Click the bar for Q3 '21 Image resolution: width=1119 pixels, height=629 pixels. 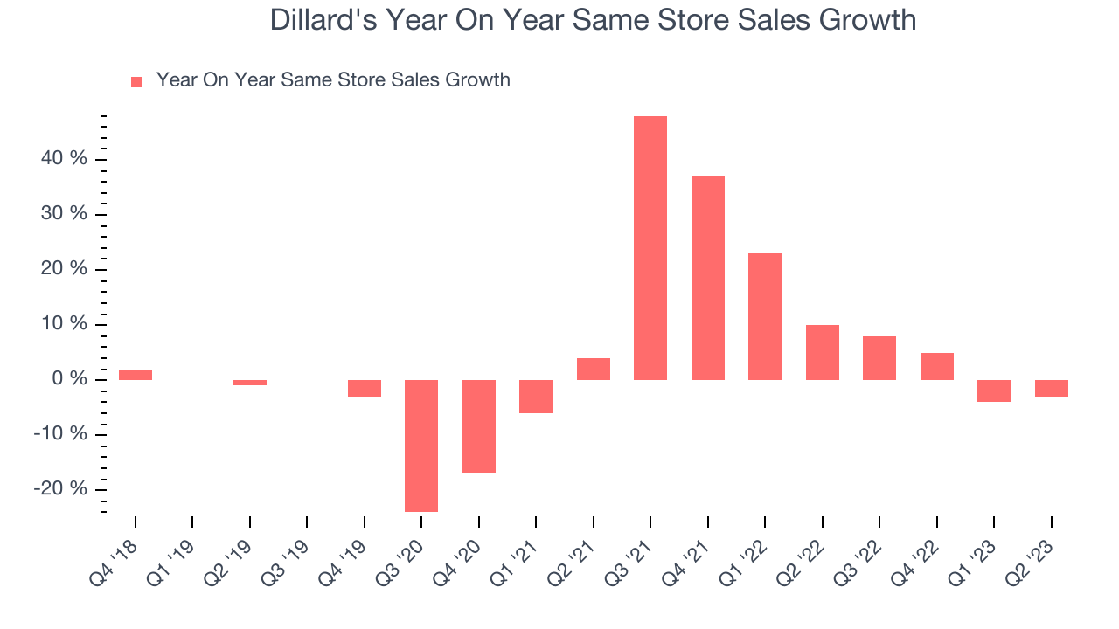(650, 248)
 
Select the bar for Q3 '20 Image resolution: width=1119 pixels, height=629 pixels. (421, 446)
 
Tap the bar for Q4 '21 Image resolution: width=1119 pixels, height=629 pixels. (707, 278)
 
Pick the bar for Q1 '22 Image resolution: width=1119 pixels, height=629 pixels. (765, 316)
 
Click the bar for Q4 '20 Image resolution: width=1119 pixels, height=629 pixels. (479, 426)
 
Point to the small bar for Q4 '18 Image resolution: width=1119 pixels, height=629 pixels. (136, 375)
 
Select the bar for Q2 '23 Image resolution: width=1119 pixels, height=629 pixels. (1051, 388)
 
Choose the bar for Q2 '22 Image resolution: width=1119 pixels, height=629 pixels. (822, 352)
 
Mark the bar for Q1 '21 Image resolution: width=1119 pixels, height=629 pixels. (536, 396)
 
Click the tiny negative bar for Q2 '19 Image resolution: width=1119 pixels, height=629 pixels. (250, 383)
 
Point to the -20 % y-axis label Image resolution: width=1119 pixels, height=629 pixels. (62, 489)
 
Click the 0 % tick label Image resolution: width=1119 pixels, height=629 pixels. (70, 379)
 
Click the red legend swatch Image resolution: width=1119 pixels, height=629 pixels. (136, 81)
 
